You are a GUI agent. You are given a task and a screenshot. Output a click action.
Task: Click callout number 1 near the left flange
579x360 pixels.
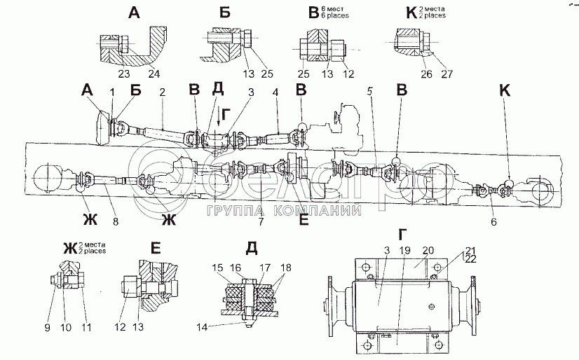pos(111,92)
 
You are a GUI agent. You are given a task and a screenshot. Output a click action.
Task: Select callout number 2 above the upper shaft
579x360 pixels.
pos(162,92)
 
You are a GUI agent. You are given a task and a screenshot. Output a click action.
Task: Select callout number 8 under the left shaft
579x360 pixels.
pos(115,222)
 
